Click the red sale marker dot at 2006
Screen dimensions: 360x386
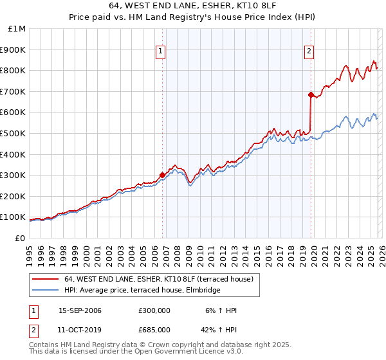pyautogui.click(x=162, y=174)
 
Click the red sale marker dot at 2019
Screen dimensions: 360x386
pyautogui.click(x=311, y=94)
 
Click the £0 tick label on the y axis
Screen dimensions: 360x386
pyautogui.click(x=20, y=238)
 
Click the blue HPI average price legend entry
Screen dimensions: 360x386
pyautogui.click(x=142, y=291)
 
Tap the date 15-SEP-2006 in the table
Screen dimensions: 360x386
pyautogui.click(x=80, y=310)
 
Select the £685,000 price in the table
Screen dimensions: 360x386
pyautogui.click(x=154, y=330)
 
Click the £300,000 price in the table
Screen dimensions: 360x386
pyautogui.click(x=154, y=310)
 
